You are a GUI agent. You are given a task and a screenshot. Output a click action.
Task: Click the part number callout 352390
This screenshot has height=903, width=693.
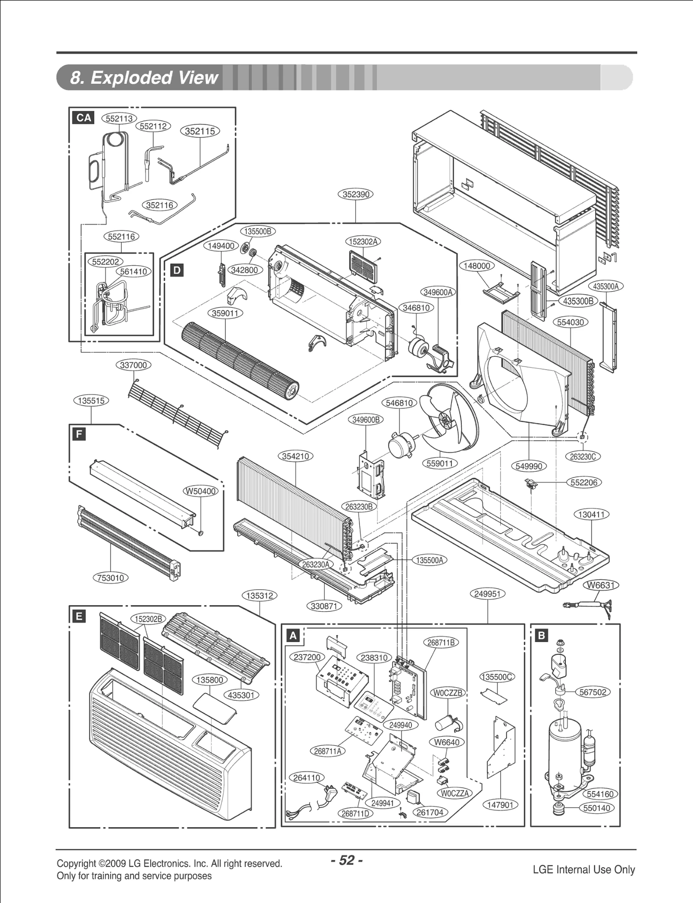(355, 195)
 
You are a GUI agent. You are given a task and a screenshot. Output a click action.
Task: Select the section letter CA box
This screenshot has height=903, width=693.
(84, 117)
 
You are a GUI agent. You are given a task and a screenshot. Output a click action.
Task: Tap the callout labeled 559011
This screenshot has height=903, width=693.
(440, 464)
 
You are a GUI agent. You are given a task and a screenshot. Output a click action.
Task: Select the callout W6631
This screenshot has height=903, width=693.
(601, 585)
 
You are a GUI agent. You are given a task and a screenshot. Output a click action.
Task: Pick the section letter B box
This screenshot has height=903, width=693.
(541, 636)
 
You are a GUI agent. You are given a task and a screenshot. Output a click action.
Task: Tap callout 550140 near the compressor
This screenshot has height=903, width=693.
(597, 808)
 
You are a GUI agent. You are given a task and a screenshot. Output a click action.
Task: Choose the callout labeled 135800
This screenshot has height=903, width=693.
(210, 680)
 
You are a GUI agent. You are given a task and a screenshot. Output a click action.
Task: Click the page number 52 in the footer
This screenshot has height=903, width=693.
(346, 860)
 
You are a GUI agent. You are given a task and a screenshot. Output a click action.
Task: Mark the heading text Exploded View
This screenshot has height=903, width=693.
(144, 78)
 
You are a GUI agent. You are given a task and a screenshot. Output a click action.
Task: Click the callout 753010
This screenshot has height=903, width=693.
(111, 578)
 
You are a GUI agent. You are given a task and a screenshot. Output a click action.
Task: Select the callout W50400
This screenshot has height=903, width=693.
(201, 491)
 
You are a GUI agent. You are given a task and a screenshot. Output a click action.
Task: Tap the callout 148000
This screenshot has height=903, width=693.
(476, 266)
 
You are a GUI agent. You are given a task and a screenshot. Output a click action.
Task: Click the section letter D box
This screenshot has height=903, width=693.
(177, 271)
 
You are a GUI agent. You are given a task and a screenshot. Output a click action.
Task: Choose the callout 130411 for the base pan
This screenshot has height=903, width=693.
(591, 514)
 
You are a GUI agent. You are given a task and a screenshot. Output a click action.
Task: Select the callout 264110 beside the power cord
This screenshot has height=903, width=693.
(307, 778)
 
